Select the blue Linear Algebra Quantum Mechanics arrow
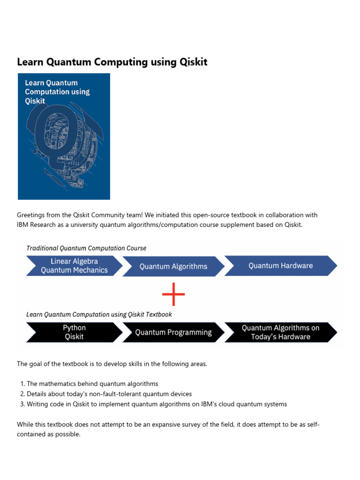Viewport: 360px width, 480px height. pyautogui.click(x=74, y=265)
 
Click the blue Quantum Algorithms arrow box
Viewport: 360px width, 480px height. pyautogui.click(x=173, y=266)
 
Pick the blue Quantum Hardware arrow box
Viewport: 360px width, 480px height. pyautogui.click(x=280, y=265)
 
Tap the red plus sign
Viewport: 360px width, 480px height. pyautogui.click(x=173, y=294)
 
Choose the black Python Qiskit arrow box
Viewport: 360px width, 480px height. pyautogui.click(x=74, y=332)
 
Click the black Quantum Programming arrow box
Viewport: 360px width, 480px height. pyautogui.click(x=173, y=332)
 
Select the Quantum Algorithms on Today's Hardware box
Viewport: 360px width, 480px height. pyautogui.click(x=280, y=332)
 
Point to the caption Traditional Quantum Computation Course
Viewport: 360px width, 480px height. pyautogui.click(x=86, y=248)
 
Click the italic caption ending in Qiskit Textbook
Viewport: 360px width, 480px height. pyautogui.click(x=99, y=315)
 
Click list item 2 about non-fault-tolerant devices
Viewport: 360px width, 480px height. pyautogui.click(x=109, y=394)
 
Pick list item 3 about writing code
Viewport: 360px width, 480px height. pyautogui.click(x=157, y=404)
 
